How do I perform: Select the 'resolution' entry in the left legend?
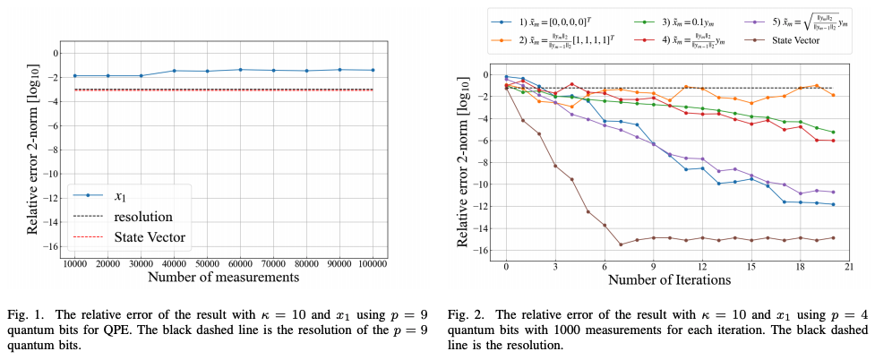(142, 216)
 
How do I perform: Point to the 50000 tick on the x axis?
(207, 265)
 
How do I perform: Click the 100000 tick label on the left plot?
(373, 265)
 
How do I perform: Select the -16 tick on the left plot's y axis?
(52, 247)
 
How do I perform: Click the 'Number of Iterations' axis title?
(669, 279)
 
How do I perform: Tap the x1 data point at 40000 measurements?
(174, 71)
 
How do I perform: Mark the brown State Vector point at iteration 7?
(621, 244)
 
